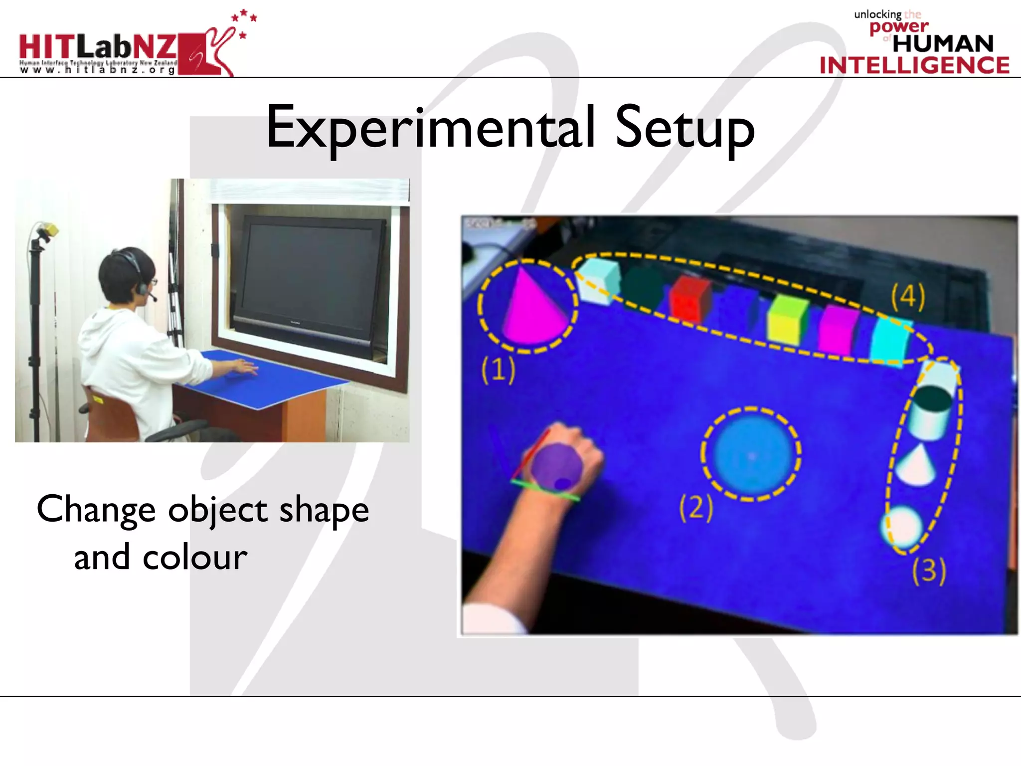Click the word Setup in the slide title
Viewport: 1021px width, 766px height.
tap(685, 129)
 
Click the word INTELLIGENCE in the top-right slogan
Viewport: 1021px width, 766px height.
tap(914, 65)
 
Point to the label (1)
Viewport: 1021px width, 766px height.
tap(498, 370)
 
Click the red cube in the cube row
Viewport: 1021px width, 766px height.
tap(690, 299)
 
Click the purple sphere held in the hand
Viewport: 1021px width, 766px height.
tap(556, 466)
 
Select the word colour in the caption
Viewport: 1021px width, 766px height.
tap(195, 558)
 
